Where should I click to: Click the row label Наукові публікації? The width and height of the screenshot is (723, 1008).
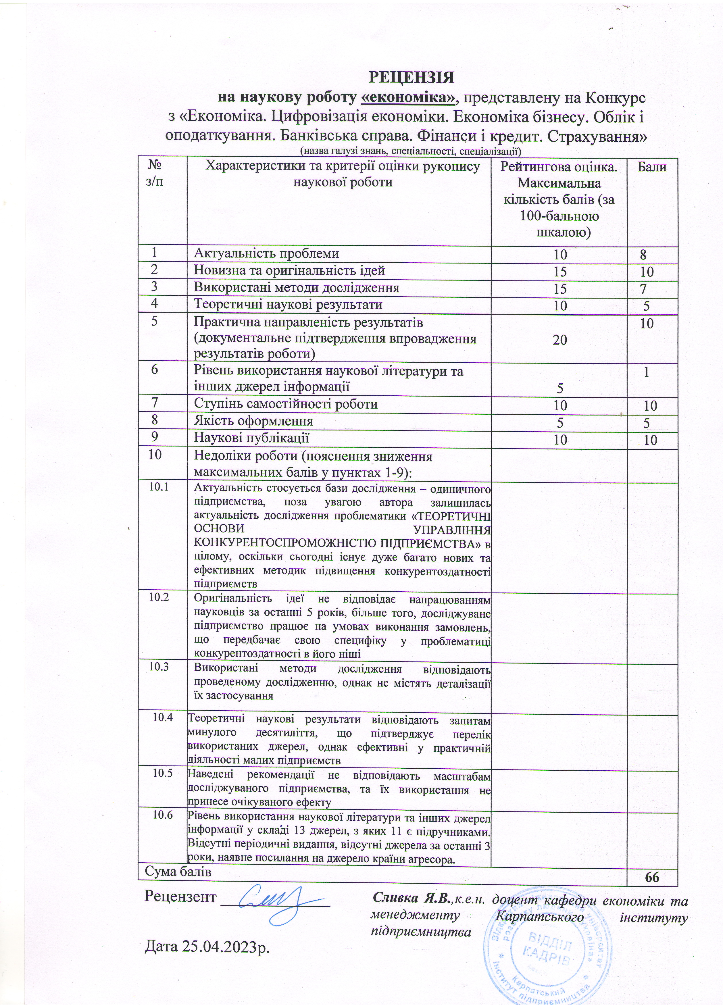tap(251, 438)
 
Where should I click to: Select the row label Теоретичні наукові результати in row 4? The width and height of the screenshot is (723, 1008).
tap(288, 305)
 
